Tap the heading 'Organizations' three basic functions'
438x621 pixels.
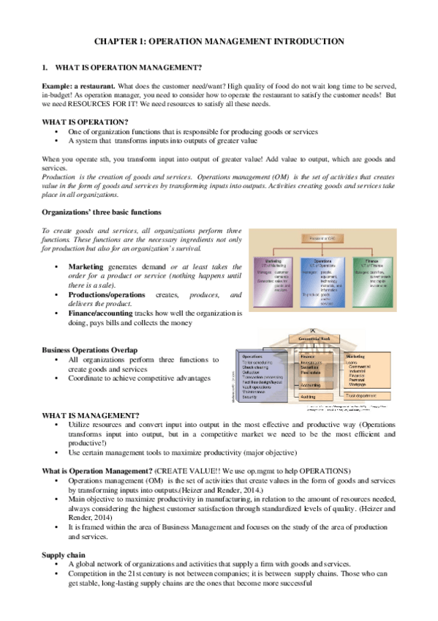click(x=102, y=212)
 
